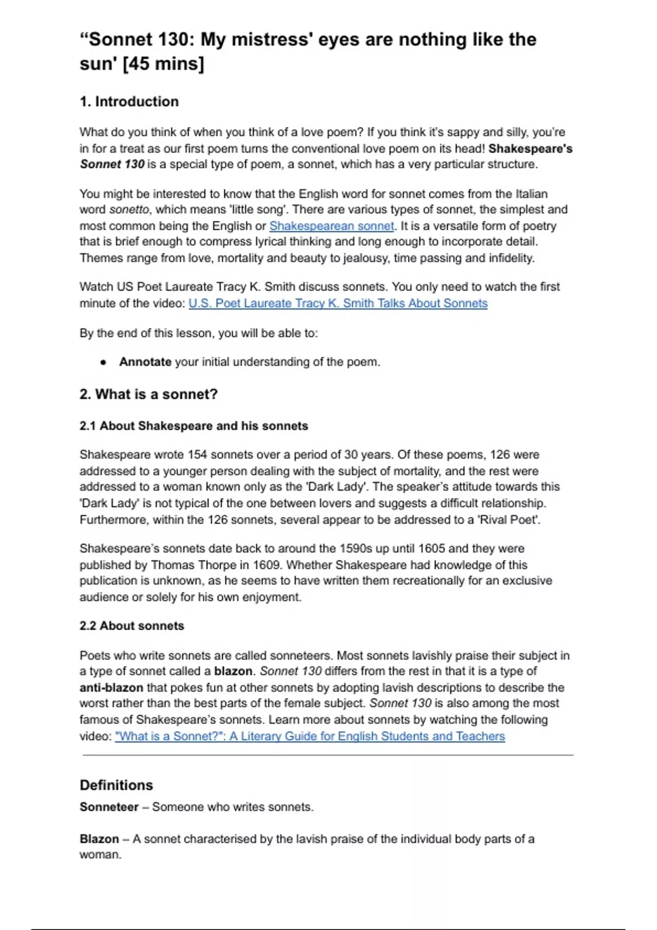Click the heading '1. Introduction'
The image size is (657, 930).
click(129, 102)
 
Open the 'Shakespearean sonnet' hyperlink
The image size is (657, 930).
click(331, 226)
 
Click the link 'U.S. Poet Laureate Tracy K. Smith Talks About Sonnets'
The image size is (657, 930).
click(338, 303)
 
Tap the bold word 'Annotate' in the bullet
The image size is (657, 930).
click(145, 362)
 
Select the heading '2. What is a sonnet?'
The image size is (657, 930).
click(148, 394)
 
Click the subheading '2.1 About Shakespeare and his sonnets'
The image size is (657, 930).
click(194, 426)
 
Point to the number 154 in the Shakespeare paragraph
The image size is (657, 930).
click(197, 455)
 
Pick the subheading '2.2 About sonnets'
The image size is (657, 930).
click(131, 626)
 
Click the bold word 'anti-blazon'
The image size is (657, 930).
click(111, 688)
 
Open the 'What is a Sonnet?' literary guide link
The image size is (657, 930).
click(310, 736)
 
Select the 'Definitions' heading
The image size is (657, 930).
click(116, 785)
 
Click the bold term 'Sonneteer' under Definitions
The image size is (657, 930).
click(109, 807)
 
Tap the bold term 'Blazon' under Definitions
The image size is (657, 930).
click(99, 839)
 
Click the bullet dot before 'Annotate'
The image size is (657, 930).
click(103, 362)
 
